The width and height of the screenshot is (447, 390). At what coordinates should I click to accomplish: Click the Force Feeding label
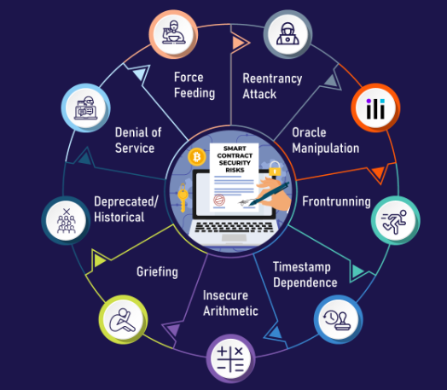194,85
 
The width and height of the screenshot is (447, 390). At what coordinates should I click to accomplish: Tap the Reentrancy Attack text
272,86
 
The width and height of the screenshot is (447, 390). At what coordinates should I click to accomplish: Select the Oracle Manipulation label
326,140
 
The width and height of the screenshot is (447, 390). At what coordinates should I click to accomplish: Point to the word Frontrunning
336,201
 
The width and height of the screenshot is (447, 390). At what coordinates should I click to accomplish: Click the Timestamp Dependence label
305,275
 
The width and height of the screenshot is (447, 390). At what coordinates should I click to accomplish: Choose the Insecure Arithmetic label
230,303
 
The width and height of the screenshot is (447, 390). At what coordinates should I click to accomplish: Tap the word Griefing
157,272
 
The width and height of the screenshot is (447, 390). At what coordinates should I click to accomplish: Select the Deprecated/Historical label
126,209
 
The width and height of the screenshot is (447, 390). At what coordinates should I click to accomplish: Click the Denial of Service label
138,140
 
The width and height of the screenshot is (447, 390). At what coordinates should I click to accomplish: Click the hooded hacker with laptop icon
287,34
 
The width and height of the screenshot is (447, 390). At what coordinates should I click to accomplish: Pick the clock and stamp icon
338,319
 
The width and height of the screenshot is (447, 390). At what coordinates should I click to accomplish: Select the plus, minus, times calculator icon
230,358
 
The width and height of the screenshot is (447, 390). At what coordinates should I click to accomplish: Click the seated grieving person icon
123,320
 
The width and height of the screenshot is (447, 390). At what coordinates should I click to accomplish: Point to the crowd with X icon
67,220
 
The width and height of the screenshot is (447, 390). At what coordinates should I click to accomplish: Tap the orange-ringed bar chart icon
375,108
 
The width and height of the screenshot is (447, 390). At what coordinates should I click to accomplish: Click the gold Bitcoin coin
197,157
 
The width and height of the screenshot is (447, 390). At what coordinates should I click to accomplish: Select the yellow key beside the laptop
183,197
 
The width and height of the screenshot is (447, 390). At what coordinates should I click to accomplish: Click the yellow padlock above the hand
275,168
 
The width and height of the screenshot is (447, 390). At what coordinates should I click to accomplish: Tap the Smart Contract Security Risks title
235,159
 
